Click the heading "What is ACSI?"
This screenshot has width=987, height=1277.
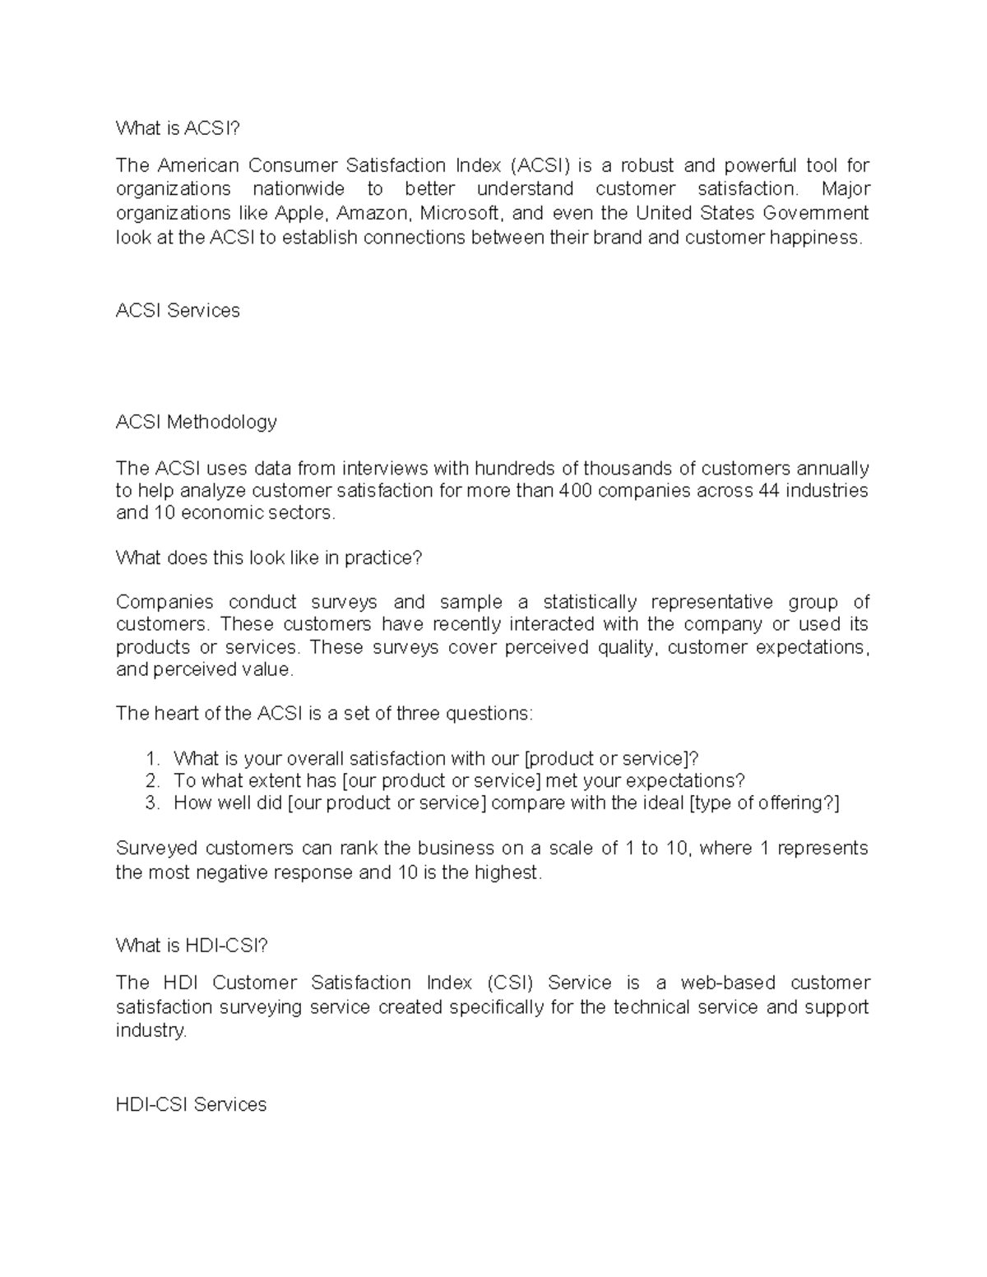tap(179, 128)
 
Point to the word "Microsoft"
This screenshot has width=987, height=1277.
tap(461, 214)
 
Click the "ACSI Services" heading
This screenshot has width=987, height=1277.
tap(178, 311)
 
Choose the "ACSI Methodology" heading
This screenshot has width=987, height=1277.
tap(196, 423)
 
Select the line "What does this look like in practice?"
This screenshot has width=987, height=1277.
tap(269, 558)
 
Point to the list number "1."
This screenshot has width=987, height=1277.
tap(152, 758)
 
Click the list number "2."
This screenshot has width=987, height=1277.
tap(152, 780)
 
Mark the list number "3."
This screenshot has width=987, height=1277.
tap(152, 803)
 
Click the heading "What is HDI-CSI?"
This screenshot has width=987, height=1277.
tap(192, 946)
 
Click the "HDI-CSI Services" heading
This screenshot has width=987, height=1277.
tap(191, 1105)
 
